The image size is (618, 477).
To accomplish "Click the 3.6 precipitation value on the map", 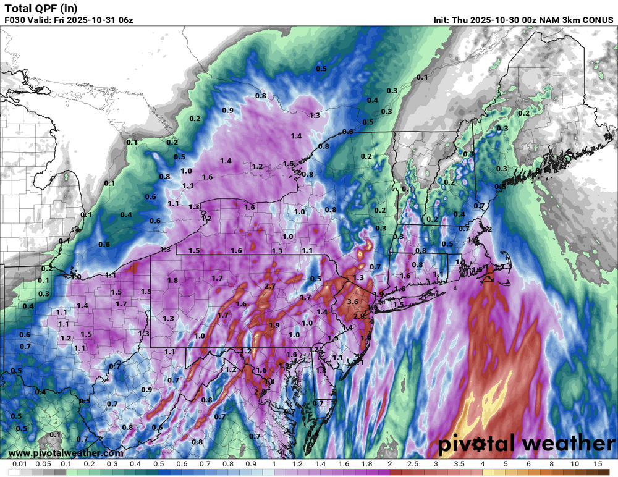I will point(353,302).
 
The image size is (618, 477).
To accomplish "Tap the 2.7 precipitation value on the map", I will point(269,287).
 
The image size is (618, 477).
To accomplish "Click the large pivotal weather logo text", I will point(527,444).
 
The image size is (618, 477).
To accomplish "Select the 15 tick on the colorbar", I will point(597,463).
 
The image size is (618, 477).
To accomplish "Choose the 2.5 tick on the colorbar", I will point(413,463).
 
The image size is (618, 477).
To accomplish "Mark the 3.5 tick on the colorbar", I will point(459,463).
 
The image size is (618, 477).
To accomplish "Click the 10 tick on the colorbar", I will point(574,463).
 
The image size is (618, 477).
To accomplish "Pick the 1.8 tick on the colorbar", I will point(366,463).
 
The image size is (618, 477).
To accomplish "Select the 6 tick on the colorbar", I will point(528,463).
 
